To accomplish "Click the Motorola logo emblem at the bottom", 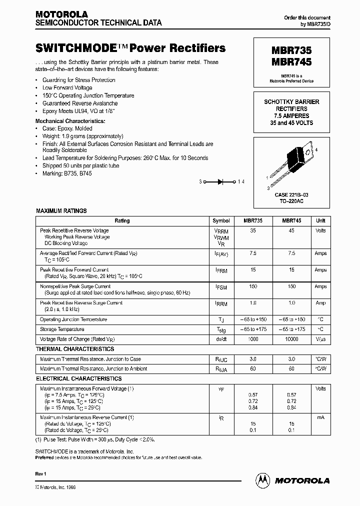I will point(262,480).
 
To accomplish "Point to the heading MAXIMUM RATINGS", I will point(61,211).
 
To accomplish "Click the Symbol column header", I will point(221,220).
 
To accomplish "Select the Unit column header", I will point(320,220).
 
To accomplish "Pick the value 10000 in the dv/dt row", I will point(291,339).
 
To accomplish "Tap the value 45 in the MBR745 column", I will point(291,230).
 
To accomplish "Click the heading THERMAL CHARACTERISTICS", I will point(74,349).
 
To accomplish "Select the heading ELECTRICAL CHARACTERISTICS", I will point(78,379).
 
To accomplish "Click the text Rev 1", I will point(41,473).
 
